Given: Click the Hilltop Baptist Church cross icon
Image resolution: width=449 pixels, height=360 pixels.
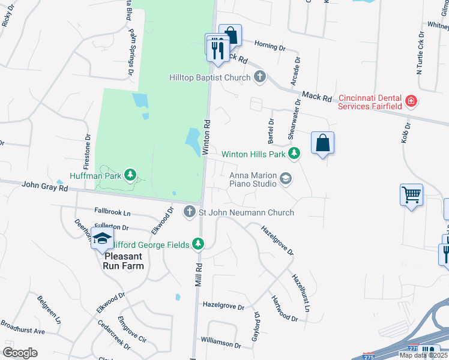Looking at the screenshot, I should [x=260, y=77].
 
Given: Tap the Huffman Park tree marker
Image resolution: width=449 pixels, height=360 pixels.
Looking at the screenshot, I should [x=130, y=175].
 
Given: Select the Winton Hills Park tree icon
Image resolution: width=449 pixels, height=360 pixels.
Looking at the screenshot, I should [x=294, y=154].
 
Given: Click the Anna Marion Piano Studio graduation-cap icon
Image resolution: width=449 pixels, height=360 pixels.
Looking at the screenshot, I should [x=287, y=178].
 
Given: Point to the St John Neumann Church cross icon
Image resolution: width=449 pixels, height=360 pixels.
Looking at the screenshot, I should [x=190, y=212].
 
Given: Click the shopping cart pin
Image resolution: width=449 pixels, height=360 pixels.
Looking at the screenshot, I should [x=411, y=194].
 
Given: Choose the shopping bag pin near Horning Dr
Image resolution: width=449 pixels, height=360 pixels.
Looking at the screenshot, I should [x=230, y=35].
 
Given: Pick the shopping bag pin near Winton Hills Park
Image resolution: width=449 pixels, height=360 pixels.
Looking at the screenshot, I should [x=322, y=143].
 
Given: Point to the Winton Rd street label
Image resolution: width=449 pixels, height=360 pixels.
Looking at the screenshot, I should [x=206, y=137].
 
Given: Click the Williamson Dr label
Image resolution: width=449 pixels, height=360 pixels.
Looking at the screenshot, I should [x=220, y=345].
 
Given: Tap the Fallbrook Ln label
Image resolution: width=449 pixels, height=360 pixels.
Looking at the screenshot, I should [x=112, y=212].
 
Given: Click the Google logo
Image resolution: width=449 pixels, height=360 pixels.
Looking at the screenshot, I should [x=20, y=352].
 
